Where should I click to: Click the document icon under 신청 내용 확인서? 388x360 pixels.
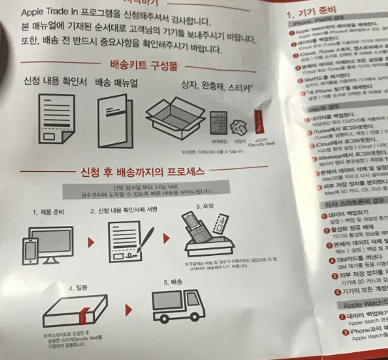pos(48,116)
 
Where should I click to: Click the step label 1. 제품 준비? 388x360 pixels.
pos(51,212)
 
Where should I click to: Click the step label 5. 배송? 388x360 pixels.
pos(167,283)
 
